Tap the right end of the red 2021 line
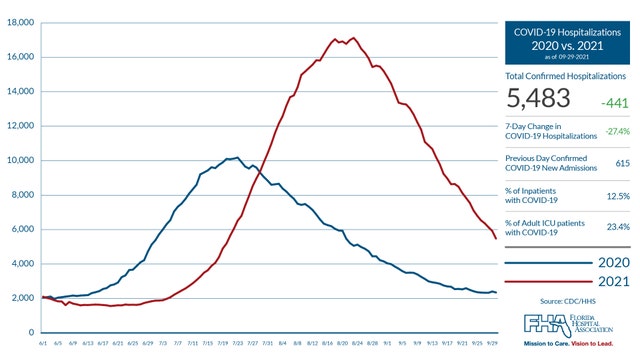[497, 238]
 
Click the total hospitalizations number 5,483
[538, 98]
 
